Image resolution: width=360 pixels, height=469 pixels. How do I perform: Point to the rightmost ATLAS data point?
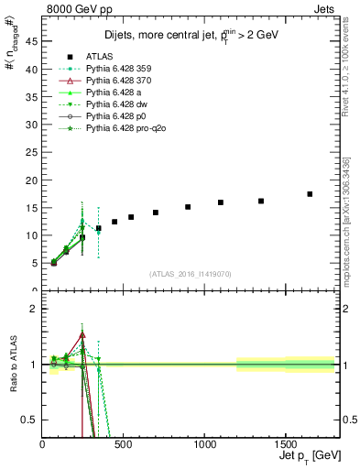point(310,194)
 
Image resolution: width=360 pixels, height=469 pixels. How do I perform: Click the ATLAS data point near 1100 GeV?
point(221,202)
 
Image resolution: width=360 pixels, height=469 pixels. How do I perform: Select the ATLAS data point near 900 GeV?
point(188,207)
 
